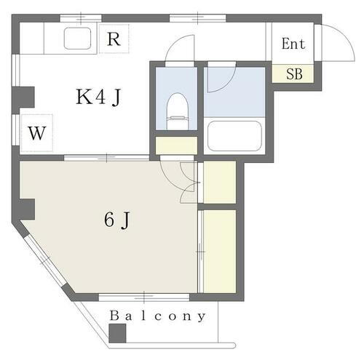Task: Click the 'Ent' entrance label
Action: [x=293, y=44]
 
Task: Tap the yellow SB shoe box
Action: [x=294, y=73]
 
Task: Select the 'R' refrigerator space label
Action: [x=114, y=39]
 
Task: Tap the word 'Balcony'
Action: [x=158, y=317]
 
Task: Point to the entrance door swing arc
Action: [x=336, y=40]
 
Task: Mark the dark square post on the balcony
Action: [x=116, y=333]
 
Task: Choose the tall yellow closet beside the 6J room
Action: [x=219, y=251]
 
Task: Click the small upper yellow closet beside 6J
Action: [x=219, y=183]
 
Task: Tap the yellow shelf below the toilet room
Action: [x=176, y=145]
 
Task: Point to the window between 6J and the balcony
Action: [x=143, y=297]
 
